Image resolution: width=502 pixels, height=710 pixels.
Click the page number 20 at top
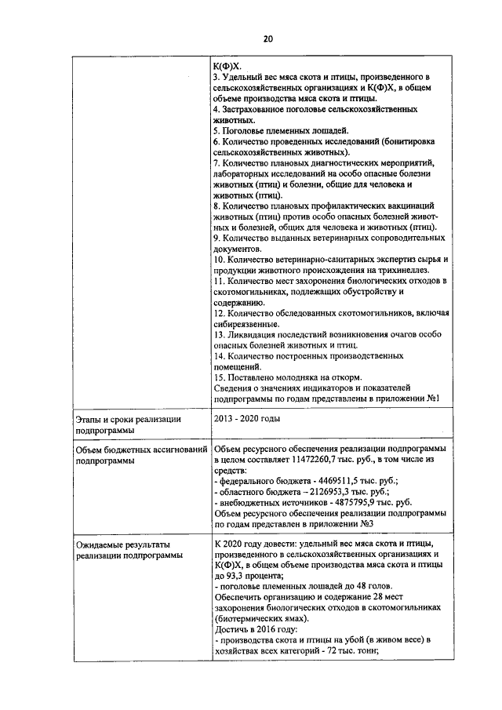(267, 38)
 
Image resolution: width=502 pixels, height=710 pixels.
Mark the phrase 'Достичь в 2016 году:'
(253, 630)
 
